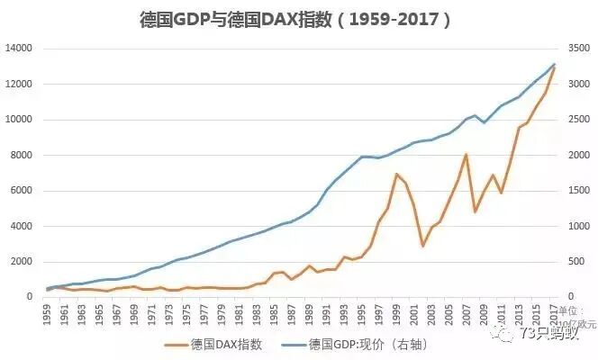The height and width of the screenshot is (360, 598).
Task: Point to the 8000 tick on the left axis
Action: [x=21, y=155]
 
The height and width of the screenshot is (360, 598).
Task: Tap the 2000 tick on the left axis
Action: [x=21, y=262]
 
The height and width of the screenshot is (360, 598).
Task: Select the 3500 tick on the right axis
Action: [x=575, y=49]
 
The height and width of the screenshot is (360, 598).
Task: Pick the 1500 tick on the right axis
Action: [x=575, y=191]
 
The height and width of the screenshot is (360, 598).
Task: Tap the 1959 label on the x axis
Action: [x=48, y=315]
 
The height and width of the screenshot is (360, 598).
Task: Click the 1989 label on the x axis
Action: [x=310, y=315]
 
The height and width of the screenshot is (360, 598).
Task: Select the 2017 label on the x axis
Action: [x=554, y=315]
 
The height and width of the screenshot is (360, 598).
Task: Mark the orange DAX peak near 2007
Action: [x=467, y=154]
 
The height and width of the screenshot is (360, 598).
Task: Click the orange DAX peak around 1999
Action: [x=396, y=174]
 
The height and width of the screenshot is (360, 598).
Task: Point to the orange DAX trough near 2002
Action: [x=422, y=245]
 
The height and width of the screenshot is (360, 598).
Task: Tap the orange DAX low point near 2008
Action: [x=475, y=211]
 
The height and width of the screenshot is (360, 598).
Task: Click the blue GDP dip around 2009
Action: [x=484, y=122]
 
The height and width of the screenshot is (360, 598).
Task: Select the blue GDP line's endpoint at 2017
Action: [x=554, y=64]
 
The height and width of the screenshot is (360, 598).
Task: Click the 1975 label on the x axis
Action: [x=187, y=315]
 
